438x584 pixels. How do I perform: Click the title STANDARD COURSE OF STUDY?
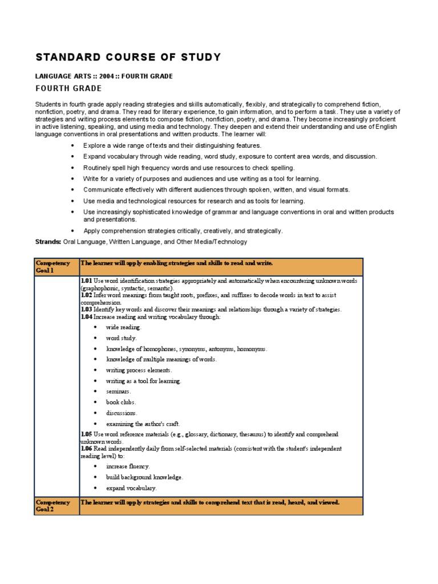[x=128, y=58]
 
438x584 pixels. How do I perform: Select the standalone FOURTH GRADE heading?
[x=68, y=88]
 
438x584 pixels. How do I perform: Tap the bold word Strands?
[x=48, y=242]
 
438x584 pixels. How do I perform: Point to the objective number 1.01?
[x=86, y=281]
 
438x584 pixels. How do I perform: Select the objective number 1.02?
[x=86, y=295]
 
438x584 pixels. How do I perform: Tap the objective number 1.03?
[x=86, y=310]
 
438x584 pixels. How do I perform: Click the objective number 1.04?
[x=86, y=317]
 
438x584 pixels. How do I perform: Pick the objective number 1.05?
[x=86, y=435]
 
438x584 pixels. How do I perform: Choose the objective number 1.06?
[x=86, y=449]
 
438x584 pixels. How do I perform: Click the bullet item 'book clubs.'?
[x=120, y=402]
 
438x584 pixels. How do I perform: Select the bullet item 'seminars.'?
[x=118, y=391]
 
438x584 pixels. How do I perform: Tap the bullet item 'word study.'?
[x=121, y=338]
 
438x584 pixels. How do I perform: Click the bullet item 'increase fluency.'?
[x=128, y=467]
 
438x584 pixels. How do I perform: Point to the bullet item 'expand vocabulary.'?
[x=131, y=488]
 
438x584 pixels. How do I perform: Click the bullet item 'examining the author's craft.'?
[x=143, y=424]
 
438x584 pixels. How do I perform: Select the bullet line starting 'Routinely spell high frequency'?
[x=189, y=168]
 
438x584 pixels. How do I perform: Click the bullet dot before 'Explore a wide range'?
[x=72, y=146]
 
